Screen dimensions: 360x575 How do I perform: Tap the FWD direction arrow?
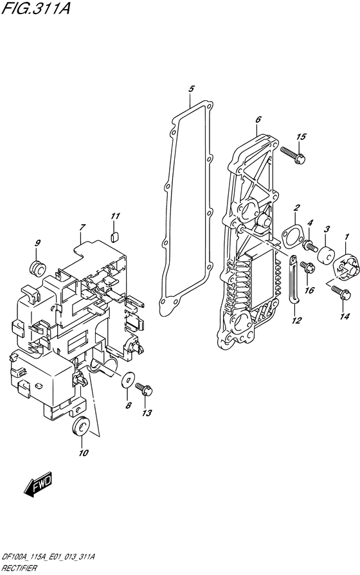38,484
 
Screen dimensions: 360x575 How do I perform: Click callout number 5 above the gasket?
191,89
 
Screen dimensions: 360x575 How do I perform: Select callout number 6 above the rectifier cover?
258,119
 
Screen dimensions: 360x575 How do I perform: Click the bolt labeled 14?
341,292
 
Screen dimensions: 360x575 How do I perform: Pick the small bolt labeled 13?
144,389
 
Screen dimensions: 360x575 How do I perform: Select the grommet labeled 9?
36,268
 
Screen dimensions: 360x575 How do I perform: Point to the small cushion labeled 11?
114,237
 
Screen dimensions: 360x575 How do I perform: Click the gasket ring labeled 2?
291,236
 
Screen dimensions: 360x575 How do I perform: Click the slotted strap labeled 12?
294,279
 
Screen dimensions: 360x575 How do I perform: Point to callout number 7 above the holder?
82,227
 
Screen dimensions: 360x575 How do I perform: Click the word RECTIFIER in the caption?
19,569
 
